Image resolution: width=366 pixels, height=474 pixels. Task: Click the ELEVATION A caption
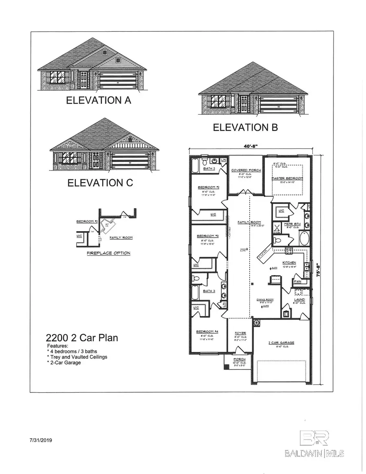98,100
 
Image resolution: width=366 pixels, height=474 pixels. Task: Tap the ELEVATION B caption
246,127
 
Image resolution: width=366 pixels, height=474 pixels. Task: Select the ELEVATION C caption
100,183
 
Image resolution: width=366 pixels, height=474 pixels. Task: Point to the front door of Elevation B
244,104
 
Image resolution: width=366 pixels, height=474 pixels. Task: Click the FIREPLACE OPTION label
109,253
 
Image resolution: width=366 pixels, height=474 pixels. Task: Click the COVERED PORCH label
243,170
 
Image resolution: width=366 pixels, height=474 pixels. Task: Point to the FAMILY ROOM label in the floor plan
246,222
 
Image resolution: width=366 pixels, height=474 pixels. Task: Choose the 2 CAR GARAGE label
281,343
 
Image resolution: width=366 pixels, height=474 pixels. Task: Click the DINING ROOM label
265,300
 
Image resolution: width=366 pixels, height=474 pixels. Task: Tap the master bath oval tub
304,238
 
